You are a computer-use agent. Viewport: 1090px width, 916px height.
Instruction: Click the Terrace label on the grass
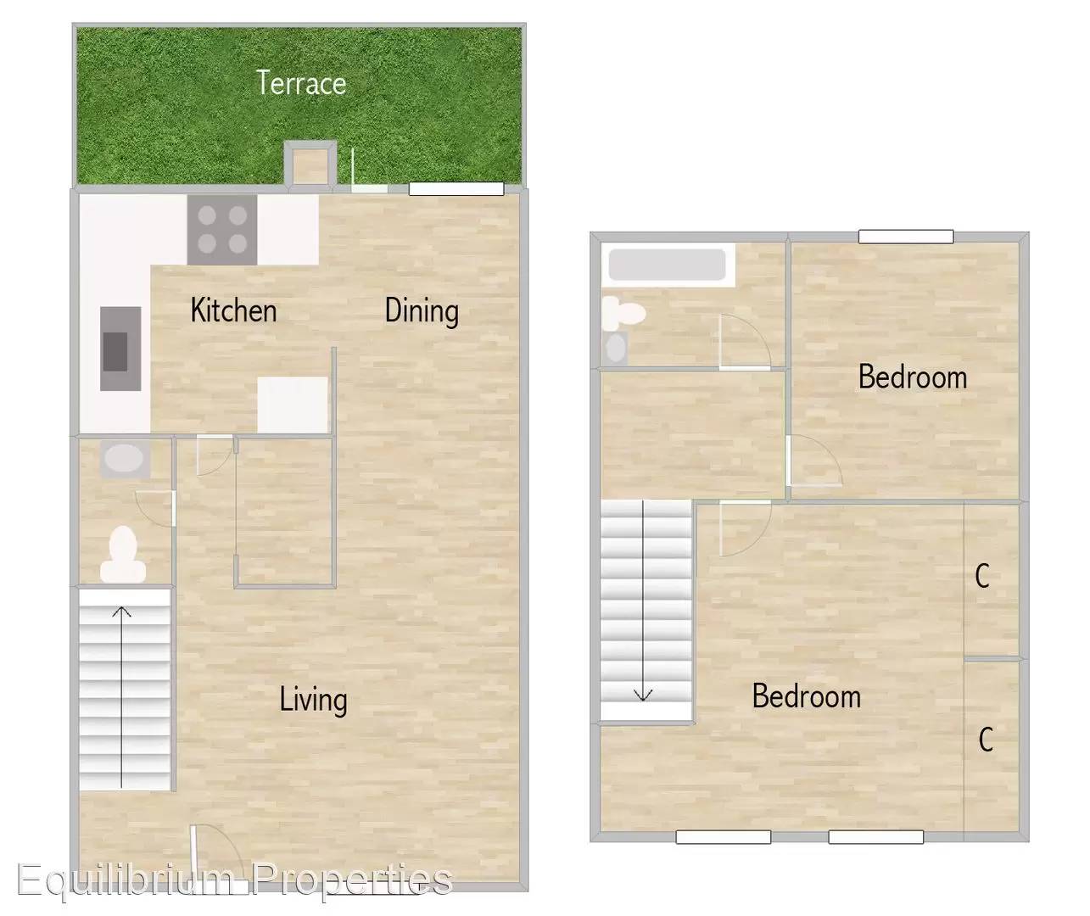coord(301,83)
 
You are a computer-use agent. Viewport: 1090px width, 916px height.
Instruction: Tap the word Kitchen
coord(233,310)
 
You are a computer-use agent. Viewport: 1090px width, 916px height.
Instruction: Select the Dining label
coord(422,311)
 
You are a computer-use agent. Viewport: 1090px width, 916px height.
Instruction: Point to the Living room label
coord(313,700)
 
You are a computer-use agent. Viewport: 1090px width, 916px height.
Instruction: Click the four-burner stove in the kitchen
coord(222,230)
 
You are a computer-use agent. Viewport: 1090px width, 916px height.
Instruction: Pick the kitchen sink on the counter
coord(120,349)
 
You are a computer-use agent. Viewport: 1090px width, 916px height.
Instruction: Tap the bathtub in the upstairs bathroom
coord(668,265)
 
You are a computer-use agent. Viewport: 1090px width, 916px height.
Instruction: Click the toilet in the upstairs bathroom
coord(623,314)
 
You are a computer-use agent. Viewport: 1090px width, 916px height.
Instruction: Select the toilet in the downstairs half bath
coord(123,555)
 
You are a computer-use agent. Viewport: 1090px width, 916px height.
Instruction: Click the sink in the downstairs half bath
coord(124,459)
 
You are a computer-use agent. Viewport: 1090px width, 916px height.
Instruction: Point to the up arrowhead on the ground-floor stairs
coord(122,612)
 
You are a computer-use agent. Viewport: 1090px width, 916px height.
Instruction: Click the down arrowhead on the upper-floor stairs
coord(643,695)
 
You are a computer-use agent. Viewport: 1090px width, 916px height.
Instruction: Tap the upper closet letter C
coord(982,577)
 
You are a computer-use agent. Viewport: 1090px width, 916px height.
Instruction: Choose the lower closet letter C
coord(986,740)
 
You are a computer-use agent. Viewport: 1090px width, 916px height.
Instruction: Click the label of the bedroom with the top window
coord(913,377)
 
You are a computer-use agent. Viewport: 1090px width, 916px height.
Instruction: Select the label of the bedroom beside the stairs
coord(807,696)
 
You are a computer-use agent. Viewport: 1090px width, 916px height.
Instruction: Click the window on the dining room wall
coord(456,188)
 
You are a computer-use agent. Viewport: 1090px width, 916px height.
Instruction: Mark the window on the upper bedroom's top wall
coord(906,237)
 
